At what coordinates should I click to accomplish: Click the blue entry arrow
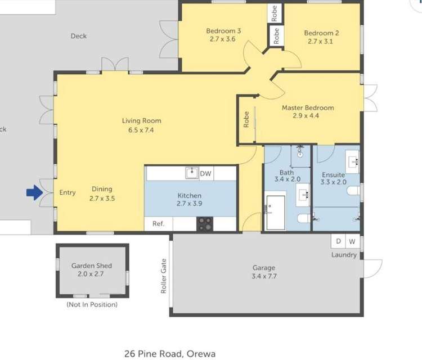tap(34, 192)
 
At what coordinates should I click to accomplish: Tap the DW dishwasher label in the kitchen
tap(205, 174)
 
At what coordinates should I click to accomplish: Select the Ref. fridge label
tap(159, 223)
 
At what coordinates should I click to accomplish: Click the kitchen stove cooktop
tap(205, 224)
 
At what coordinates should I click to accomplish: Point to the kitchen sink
tap(192, 173)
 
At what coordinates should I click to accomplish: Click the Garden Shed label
tap(92, 265)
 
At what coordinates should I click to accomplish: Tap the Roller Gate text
tap(163, 276)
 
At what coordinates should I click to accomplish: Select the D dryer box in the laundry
tap(338, 241)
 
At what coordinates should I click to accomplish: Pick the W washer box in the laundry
tap(352, 241)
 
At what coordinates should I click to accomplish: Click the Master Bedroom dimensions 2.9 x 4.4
tap(306, 116)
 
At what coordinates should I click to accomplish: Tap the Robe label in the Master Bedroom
tap(246, 119)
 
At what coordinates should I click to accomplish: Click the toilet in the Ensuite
tap(354, 191)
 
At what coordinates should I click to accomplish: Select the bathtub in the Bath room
tap(276, 213)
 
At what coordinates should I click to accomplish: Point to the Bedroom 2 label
tap(321, 33)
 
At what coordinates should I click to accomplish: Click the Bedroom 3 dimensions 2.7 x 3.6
tap(223, 39)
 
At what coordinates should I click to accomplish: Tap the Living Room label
tap(142, 121)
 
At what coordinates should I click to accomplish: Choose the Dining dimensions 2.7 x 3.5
tap(102, 199)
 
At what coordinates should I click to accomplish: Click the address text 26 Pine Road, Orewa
tap(170, 354)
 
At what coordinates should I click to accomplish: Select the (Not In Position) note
tap(92, 304)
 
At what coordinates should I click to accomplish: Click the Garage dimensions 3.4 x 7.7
tap(264, 276)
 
